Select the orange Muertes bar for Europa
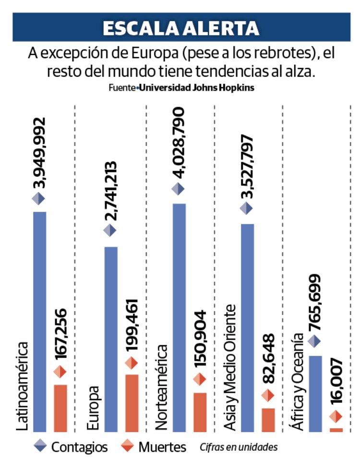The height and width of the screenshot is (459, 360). pos(132,402)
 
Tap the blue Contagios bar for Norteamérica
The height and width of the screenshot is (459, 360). pos(179,317)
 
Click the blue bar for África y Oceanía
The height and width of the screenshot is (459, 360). pos(315,393)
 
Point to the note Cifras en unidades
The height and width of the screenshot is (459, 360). pos(239,447)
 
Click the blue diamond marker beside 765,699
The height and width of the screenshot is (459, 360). pos(315,341)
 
